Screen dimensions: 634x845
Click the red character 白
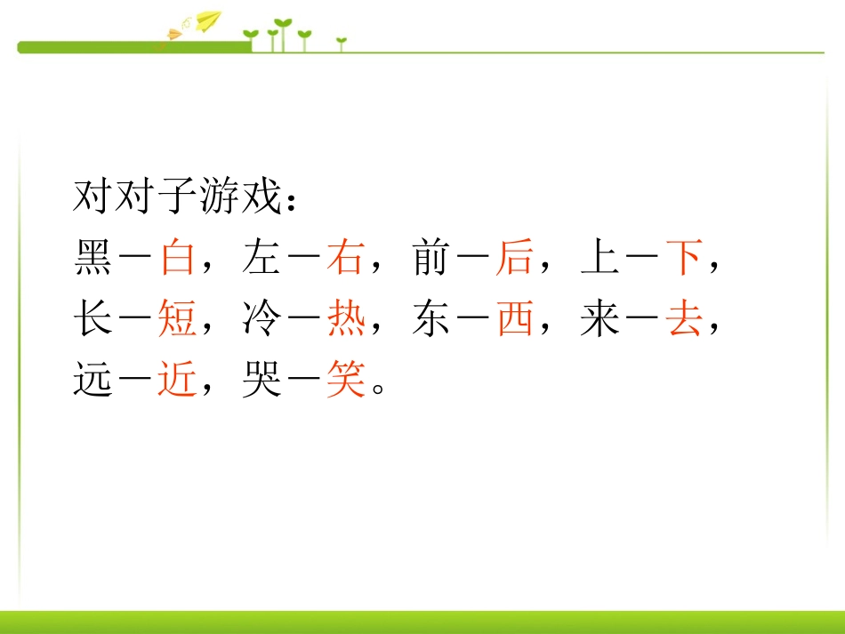coord(177,258)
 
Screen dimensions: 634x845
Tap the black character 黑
coord(93,258)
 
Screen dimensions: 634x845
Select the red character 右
coord(345,258)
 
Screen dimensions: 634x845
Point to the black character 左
coord(262,258)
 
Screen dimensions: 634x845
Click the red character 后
coord(514,258)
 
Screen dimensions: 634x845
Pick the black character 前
coord(431,258)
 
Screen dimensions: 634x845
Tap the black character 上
coord(600,258)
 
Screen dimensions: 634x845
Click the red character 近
coord(177,381)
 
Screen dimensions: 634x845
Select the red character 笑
coord(345,381)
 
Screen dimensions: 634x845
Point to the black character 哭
coord(262,381)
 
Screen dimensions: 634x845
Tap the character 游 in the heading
coord(219,197)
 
